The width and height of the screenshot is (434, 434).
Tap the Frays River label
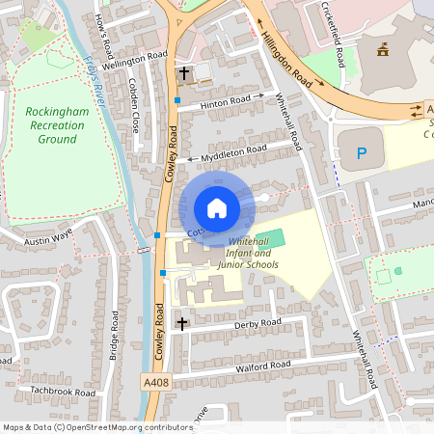99,74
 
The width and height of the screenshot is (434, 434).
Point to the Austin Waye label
49,234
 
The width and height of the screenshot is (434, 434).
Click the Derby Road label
258,324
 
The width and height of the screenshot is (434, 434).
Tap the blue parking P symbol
363,151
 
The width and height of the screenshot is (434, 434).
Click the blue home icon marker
216,207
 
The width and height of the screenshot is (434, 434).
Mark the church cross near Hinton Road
183,73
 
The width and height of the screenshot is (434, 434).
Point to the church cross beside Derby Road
181,322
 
